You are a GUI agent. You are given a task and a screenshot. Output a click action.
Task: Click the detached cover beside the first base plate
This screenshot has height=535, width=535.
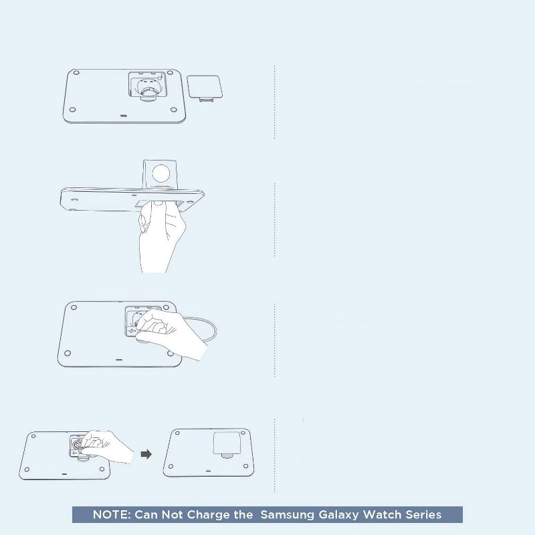205,88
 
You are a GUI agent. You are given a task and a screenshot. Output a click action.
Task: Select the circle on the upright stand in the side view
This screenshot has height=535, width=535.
161,173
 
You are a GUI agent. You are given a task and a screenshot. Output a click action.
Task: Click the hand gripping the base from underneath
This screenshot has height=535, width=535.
160,235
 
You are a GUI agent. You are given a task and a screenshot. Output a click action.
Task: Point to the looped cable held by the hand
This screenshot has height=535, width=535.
205,329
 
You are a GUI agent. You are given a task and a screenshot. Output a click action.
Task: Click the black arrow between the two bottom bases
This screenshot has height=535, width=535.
146,454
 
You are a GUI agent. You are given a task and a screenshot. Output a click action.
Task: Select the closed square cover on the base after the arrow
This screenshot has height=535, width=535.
227,443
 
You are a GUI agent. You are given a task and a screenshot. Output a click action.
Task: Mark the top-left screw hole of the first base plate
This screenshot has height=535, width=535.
76,73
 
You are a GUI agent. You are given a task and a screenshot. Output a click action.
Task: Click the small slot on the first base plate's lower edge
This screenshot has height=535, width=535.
124,116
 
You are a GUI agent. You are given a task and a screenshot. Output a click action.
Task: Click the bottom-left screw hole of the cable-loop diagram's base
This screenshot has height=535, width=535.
68,353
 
